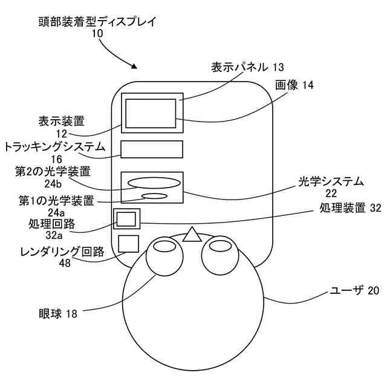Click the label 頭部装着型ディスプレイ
(97, 22)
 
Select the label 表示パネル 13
(247, 67)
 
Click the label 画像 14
(294, 85)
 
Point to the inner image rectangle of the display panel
(151, 112)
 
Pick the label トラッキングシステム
(55, 147)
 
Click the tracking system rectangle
(151, 150)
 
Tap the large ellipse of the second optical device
(154, 181)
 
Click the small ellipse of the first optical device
(154, 196)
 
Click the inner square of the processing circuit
(125, 219)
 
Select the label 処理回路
(51, 224)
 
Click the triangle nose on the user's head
(192, 235)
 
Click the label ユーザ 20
(353, 291)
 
